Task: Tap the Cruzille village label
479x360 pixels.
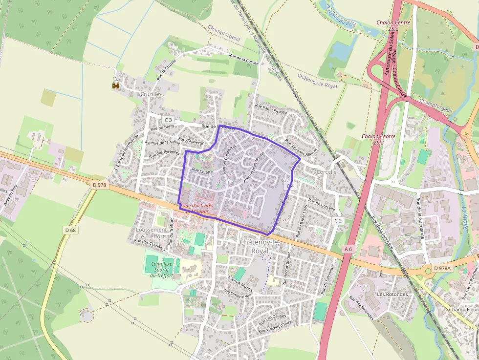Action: (x=150, y=94)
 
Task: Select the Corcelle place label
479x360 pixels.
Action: (x=327, y=172)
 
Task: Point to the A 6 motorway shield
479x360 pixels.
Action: (x=348, y=249)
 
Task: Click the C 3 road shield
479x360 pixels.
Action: (x=169, y=120)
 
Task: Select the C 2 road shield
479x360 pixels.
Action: (x=338, y=221)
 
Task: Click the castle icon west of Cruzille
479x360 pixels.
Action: (x=116, y=85)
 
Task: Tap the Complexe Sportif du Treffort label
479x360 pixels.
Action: (x=162, y=270)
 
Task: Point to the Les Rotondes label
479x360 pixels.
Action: (x=392, y=295)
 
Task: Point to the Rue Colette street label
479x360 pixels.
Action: (x=202, y=171)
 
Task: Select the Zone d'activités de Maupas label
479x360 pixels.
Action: (x=201, y=209)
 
